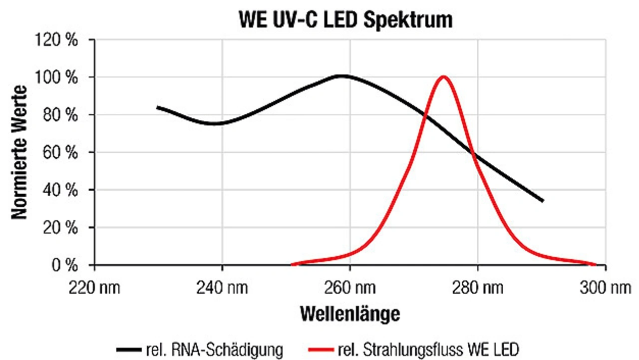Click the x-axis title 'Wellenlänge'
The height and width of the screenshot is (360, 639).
click(x=350, y=314)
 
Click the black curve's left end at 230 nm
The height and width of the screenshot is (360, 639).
click(x=158, y=107)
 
